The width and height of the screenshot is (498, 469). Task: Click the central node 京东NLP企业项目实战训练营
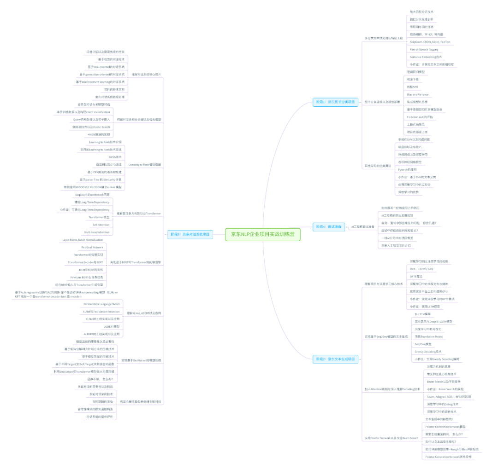click(263, 234)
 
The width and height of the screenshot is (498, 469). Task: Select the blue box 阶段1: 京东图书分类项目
click(335, 102)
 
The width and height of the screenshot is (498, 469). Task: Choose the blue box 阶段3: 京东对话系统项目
click(190, 234)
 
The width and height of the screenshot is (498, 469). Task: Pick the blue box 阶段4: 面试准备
click(329, 227)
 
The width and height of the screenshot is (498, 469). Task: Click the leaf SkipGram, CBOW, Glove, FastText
click(430, 42)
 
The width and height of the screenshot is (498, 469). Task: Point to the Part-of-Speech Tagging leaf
click(424, 49)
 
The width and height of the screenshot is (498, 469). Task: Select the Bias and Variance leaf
click(417, 94)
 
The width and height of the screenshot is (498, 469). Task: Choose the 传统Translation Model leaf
click(428, 336)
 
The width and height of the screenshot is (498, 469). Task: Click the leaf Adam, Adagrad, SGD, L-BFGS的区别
click(449, 396)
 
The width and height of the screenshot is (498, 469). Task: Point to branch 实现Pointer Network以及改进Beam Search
click(391, 438)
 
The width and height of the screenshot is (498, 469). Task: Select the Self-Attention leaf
click(101, 225)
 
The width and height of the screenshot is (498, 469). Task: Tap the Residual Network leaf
click(92, 247)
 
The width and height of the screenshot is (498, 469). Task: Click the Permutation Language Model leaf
click(101, 304)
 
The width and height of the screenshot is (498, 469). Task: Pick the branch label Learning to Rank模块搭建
click(144, 164)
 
